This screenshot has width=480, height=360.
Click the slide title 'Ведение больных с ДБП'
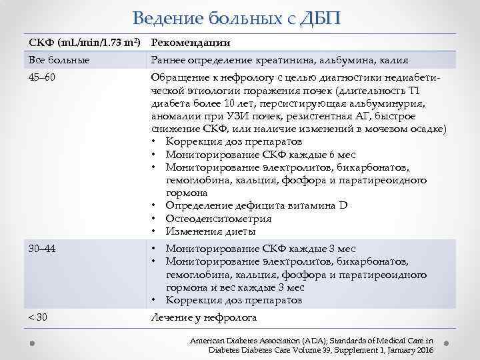pyautogui.click(x=236, y=17)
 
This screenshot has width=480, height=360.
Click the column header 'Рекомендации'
pyautogui.click(x=191, y=43)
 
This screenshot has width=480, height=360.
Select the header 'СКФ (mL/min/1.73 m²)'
pyautogui.click(x=84, y=43)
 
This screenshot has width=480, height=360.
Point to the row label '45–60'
pyautogui.click(x=41, y=79)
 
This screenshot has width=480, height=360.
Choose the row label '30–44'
pyautogui.click(x=41, y=249)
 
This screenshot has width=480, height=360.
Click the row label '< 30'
pyautogui.click(x=38, y=317)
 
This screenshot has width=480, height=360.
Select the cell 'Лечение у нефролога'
pyautogui.click(x=203, y=317)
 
